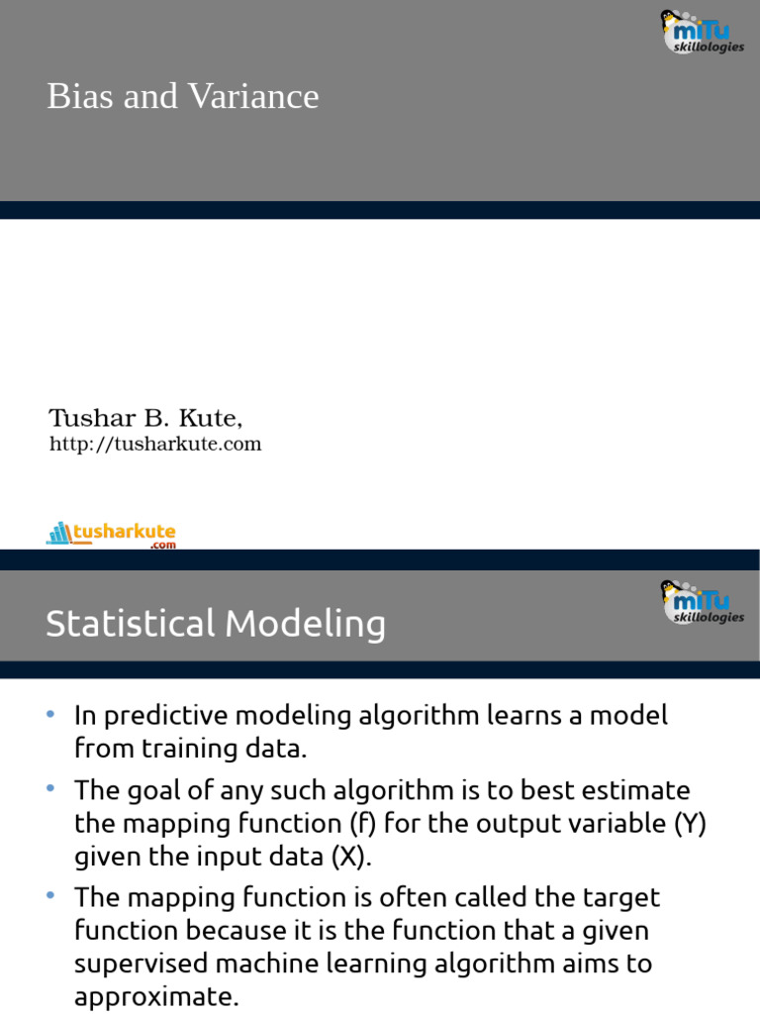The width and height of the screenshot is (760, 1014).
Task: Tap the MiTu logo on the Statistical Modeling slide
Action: tap(701, 601)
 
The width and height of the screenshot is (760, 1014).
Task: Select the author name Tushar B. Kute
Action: tap(145, 417)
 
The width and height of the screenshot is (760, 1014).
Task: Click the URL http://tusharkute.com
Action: tap(155, 445)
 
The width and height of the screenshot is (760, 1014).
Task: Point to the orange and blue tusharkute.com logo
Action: tap(111, 535)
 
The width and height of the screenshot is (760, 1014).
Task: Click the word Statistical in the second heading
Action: tap(130, 624)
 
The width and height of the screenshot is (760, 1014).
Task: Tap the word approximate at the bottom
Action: tap(156, 996)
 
